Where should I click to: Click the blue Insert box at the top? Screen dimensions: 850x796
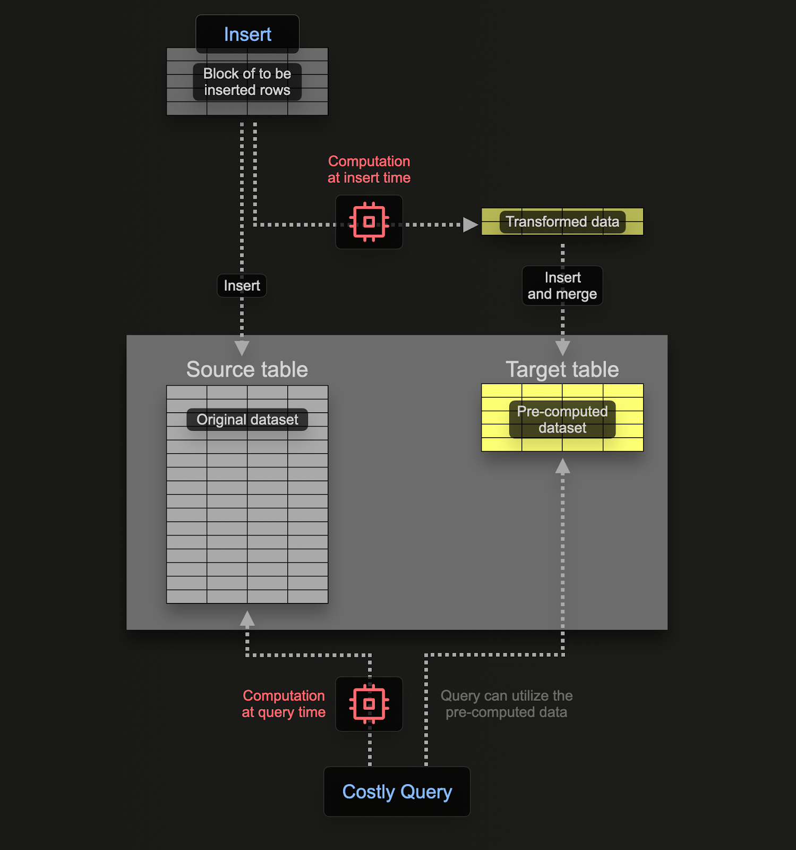pos(247,35)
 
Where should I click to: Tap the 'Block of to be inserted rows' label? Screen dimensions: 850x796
pos(247,82)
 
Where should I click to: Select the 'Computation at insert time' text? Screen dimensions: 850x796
pos(369,169)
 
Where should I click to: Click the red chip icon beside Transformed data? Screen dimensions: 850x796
pos(369,222)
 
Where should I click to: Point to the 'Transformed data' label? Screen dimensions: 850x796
pos(562,222)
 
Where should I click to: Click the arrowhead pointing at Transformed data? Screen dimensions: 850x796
pos(470,225)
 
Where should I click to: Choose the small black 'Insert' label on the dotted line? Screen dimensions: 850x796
pos(242,286)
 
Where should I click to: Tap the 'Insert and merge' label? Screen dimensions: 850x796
pos(562,286)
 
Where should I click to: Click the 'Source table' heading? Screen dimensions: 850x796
pos(247,369)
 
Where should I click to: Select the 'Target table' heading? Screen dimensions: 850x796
pos(562,369)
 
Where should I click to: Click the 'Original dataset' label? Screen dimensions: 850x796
pos(247,420)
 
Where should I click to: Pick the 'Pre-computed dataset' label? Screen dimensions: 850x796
pos(562,420)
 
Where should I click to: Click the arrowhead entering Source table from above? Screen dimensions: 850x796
pos(242,348)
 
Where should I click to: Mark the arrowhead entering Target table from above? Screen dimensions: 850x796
pos(563,348)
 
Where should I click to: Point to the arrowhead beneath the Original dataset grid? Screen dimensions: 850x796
pos(247,618)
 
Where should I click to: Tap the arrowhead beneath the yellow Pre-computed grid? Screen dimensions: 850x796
pos(563,466)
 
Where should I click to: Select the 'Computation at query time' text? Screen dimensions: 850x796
pos(284,704)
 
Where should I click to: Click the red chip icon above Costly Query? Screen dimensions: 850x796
pos(369,704)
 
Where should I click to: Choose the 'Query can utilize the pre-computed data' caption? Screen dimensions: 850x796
pos(507,704)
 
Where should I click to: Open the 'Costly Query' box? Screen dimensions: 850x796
pos(397,792)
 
